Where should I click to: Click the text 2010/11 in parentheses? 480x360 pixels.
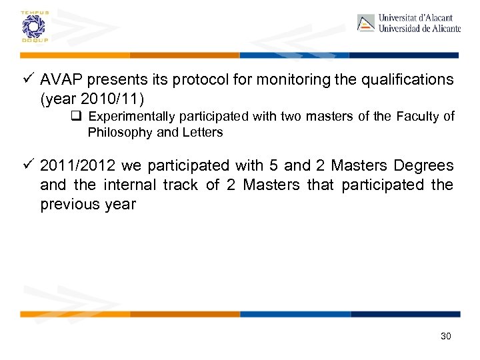(x=112, y=99)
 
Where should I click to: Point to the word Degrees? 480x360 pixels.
(x=423, y=165)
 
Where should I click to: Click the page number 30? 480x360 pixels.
(x=446, y=336)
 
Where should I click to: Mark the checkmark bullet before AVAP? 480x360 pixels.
(x=27, y=80)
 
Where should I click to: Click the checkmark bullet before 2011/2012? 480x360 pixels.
(x=27, y=165)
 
